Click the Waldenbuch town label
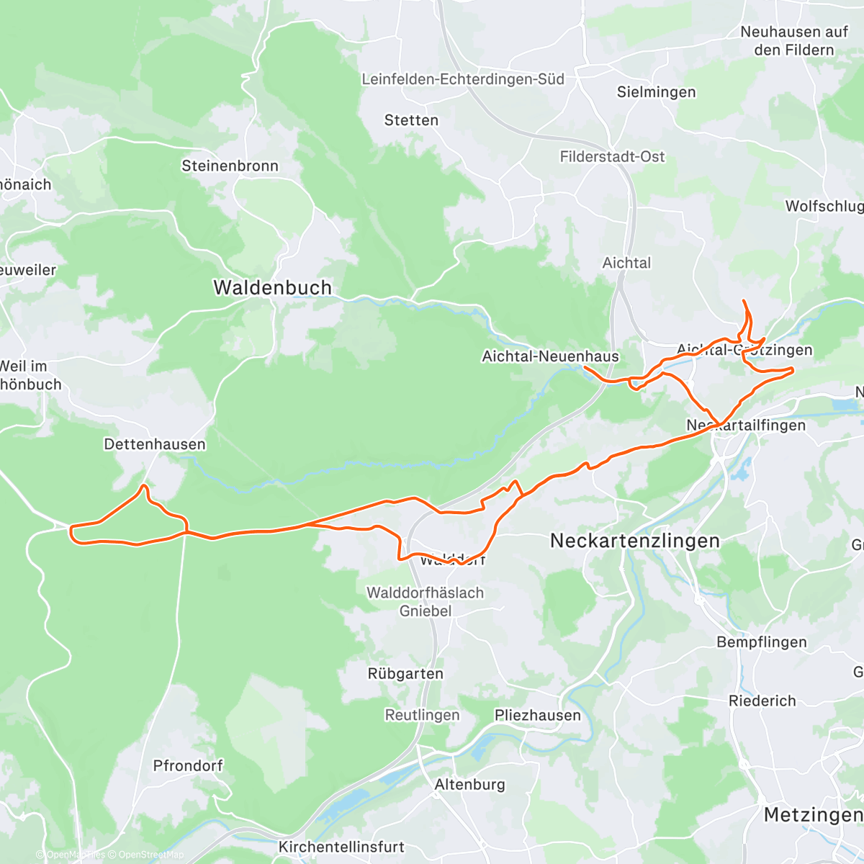click(272, 287)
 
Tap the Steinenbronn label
click(230, 166)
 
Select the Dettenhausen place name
click(155, 444)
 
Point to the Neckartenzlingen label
click(634, 541)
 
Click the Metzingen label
click(812, 815)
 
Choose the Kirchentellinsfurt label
click(341, 847)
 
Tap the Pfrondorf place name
click(188, 765)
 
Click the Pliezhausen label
click(537, 715)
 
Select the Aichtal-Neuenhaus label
click(550, 356)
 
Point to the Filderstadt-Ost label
click(612, 156)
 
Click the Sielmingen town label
click(656, 92)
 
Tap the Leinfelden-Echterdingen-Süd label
click(463, 79)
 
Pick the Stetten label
click(411, 120)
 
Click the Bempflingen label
click(761, 642)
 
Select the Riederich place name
click(762, 701)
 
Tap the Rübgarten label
click(405, 674)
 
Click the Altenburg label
click(469, 784)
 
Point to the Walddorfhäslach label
click(425, 593)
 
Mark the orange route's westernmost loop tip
click(71, 532)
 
